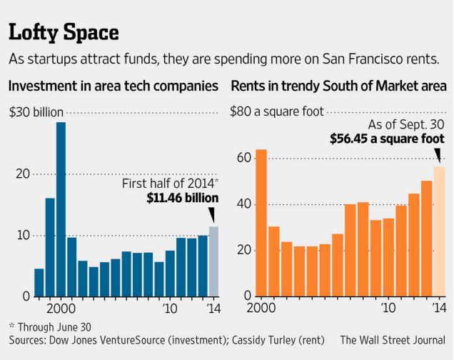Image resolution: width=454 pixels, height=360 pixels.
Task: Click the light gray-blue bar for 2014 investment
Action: [213, 261]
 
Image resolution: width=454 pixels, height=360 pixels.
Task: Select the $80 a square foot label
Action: [277, 111]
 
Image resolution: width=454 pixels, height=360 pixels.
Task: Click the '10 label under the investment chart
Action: [170, 309]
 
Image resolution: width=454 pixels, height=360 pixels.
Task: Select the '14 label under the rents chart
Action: [438, 309]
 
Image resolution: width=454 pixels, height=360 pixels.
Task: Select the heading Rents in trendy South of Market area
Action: [337, 87]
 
